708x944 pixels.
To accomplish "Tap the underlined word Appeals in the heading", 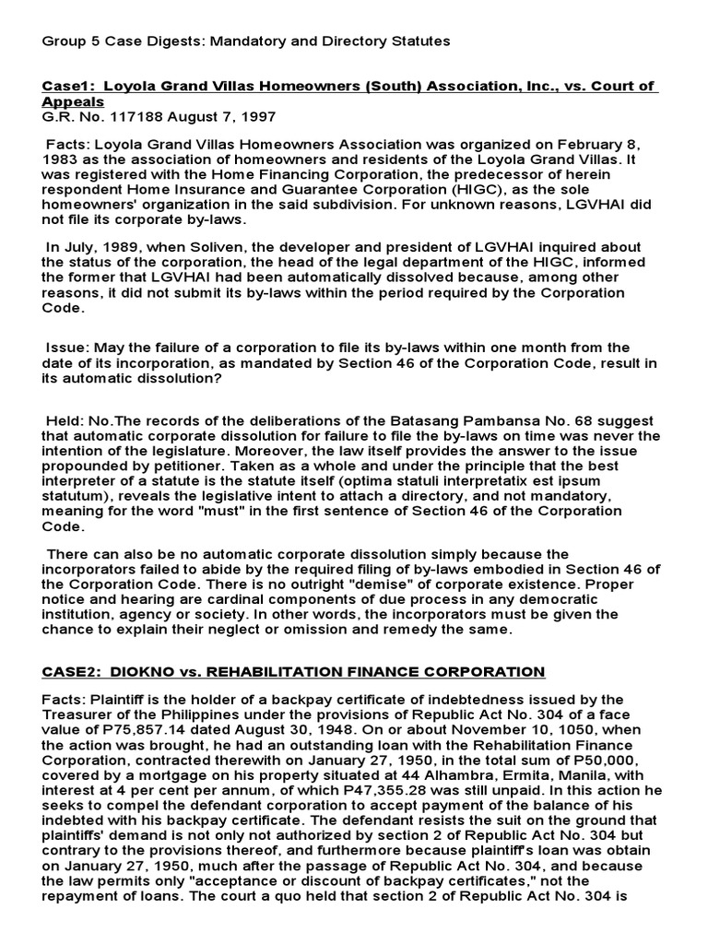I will click(x=73, y=101).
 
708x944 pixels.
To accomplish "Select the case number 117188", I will click(x=123, y=117).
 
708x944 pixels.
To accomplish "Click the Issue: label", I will click(x=67, y=348).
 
